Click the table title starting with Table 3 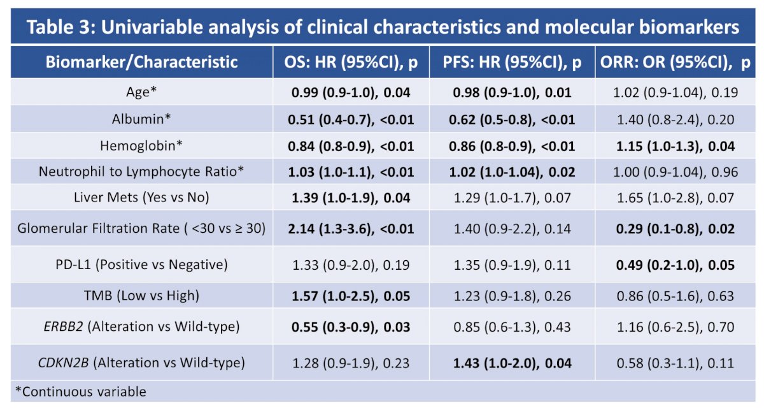[383, 27]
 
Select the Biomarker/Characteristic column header [141, 62]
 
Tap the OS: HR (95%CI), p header [351, 62]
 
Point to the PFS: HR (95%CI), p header [512, 62]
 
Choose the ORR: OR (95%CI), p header [676, 62]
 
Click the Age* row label [141, 92]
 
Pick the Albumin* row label [141, 119]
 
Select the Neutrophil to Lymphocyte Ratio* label [141, 172]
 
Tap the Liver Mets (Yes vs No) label [141, 198]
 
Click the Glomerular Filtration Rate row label [141, 228]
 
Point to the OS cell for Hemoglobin [351, 146]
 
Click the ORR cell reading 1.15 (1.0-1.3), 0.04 [676, 146]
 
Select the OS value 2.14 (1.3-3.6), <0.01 [351, 228]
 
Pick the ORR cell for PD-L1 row [676, 265]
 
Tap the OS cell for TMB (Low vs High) [351, 296]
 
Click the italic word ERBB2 [64, 326]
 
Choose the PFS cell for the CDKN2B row [512, 363]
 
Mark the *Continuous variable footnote [81, 392]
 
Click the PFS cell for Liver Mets [512, 198]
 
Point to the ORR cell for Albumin [676, 120]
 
